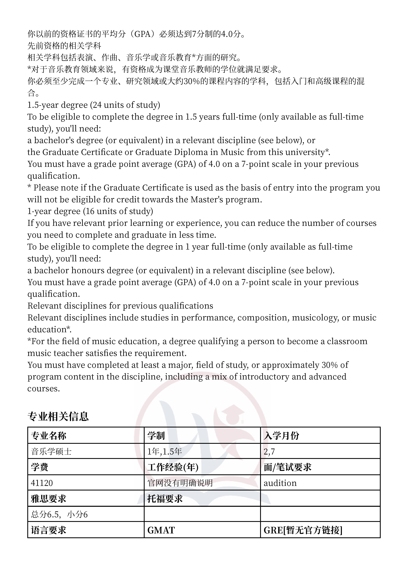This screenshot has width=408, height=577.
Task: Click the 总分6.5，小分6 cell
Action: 86,514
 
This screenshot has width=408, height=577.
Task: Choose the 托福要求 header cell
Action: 202,499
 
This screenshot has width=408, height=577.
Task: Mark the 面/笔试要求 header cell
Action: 320,467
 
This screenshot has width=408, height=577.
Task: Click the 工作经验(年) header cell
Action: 202,467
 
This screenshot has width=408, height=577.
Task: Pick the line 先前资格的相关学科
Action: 64,46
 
